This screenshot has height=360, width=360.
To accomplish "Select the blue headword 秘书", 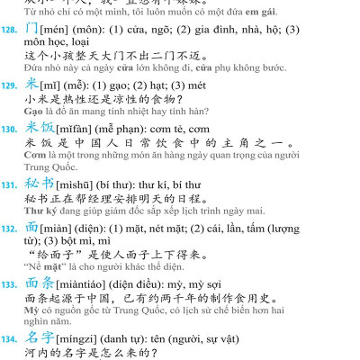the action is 41,189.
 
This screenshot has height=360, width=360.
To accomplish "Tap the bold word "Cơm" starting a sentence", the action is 36,158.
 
